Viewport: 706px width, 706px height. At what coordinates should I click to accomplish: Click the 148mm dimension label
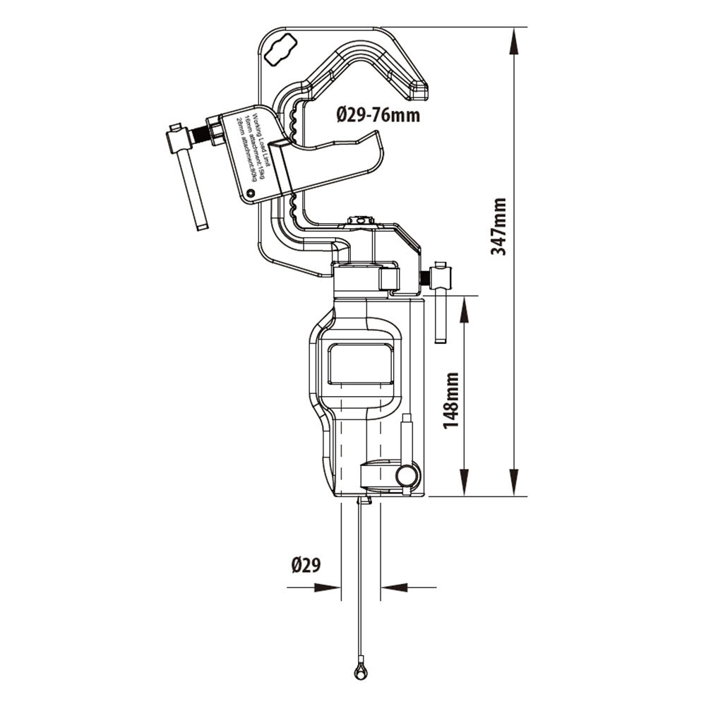pos(453,397)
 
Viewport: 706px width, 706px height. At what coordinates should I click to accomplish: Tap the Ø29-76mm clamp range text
pos(378,114)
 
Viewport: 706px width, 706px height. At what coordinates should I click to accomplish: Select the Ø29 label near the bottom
pos(306,565)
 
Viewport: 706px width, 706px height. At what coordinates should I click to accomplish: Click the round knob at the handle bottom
pos(407,477)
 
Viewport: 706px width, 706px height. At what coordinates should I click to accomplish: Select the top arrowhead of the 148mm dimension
pos(464,305)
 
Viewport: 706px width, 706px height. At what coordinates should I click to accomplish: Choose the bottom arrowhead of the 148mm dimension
pos(464,487)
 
